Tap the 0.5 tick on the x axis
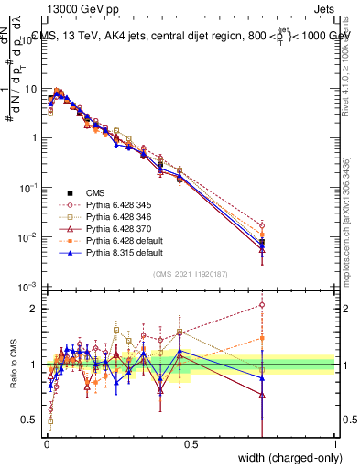[x=191, y=445]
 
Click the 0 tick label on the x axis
[x=47, y=445]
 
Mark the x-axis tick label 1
[x=335, y=445]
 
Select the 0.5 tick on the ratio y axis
[x=33, y=421]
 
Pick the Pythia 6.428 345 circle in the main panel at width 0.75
[x=263, y=224]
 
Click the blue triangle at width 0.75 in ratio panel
[x=263, y=377]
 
